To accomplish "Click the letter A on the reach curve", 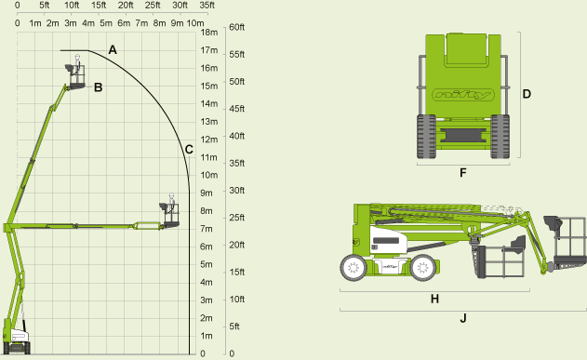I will [113, 48].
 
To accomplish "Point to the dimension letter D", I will [526, 94].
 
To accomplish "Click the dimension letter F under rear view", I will [462, 172].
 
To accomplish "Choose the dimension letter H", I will [434, 299].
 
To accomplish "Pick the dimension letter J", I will [463, 319].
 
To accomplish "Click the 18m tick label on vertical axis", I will [209, 32].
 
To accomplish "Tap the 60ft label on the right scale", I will [236, 27].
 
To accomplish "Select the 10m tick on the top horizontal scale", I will [195, 20].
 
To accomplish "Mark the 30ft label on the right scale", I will [236, 191].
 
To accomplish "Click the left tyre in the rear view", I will [426, 138].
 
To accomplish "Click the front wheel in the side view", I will [353, 269].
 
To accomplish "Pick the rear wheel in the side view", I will [423, 269].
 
